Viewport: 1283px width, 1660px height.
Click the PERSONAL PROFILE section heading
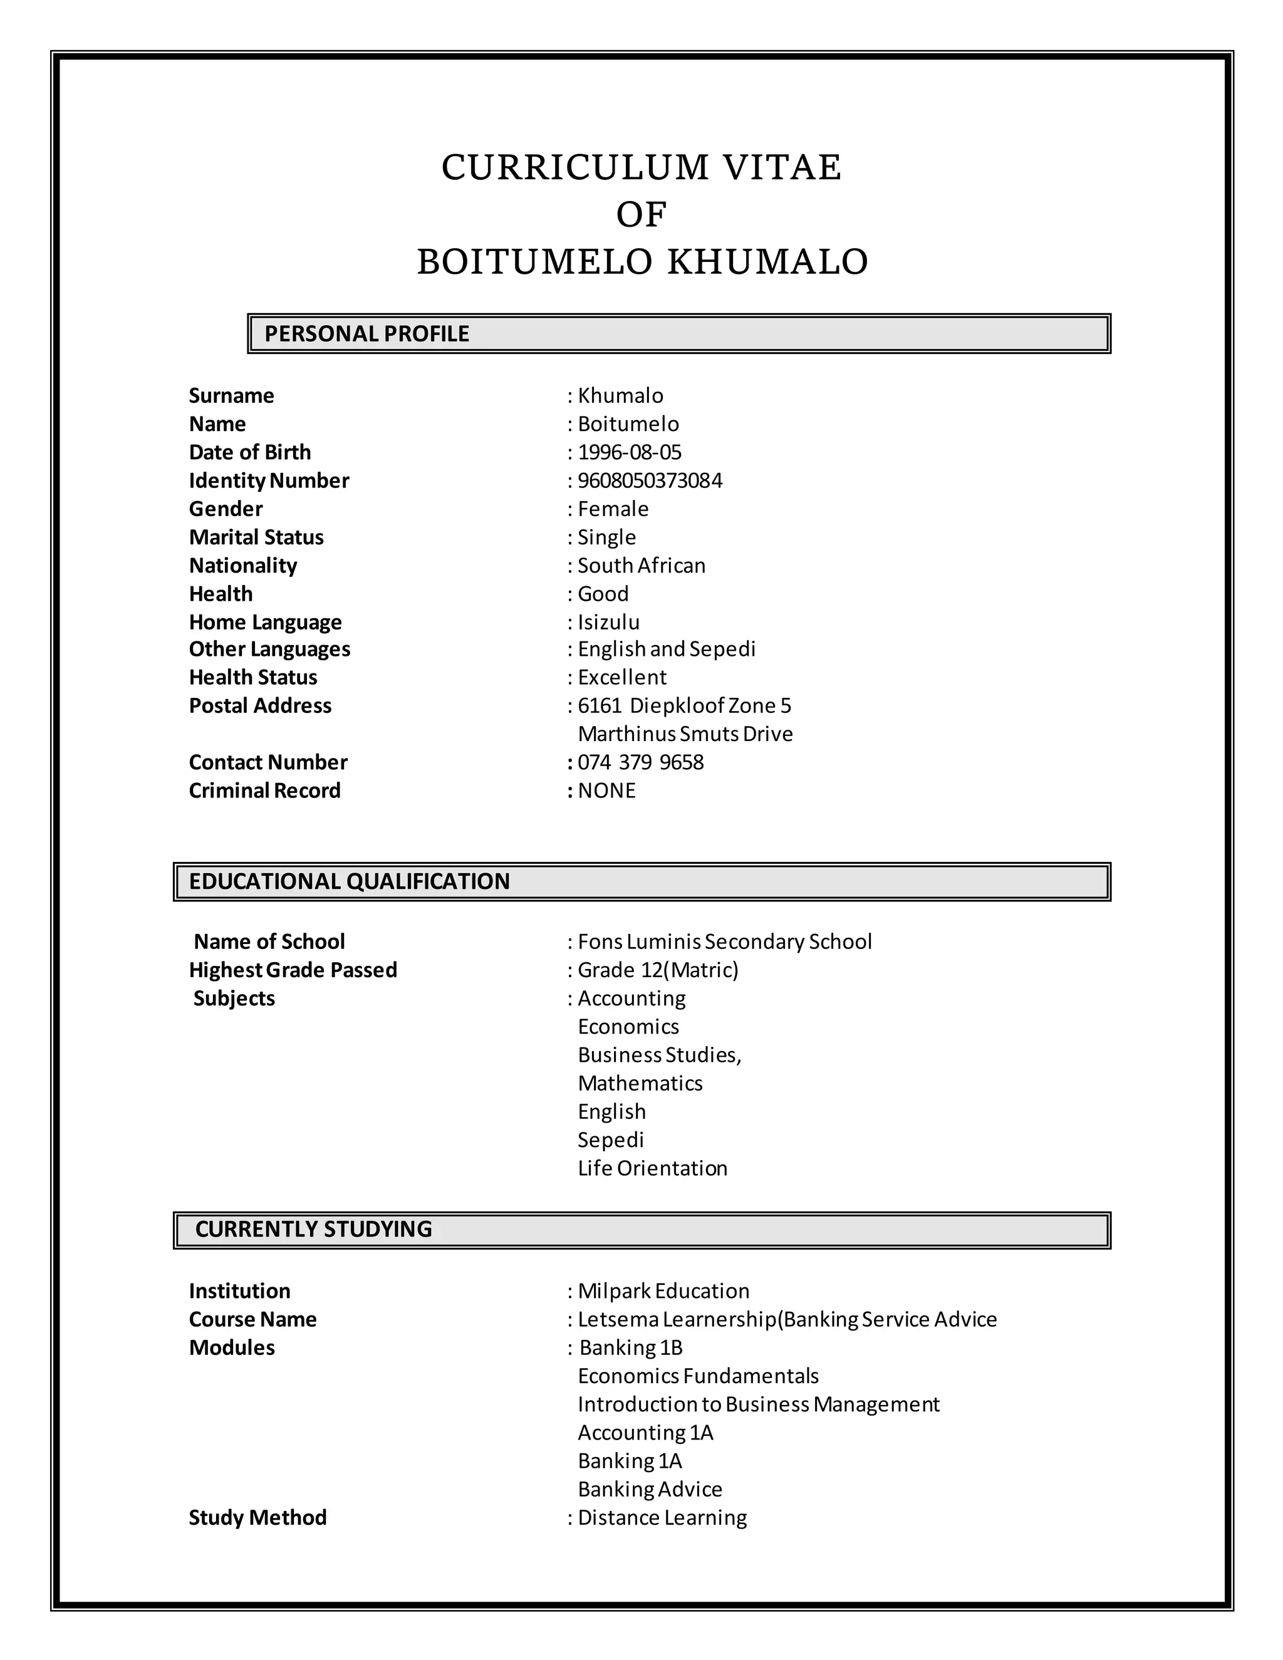(366, 334)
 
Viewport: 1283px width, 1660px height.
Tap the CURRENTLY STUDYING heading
(313, 1229)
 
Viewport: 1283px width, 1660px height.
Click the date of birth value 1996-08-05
(630, 452)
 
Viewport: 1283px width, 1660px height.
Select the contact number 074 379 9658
(641, 762)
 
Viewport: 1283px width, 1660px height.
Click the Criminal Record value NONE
(606, 791)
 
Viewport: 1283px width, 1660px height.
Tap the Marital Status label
(256, 537)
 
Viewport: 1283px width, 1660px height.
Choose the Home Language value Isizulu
(608, 623)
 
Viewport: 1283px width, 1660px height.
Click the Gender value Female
(613, 509)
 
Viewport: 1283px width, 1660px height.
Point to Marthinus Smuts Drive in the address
(685, 734)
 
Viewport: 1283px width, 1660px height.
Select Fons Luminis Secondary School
(724, 942)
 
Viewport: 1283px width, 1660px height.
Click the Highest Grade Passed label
(293, 970)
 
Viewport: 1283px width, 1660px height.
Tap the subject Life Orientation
(652, 1168)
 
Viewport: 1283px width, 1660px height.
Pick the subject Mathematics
(640, 1083)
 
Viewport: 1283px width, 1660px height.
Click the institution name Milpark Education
(663, 1292)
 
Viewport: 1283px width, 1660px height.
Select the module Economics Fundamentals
(698, 1376)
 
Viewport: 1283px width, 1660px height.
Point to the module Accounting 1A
(645, 1433)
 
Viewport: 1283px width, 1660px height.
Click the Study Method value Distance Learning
(662, 1518)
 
